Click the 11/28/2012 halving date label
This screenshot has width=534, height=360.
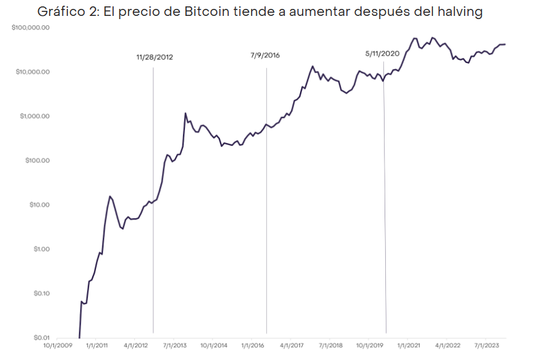[154, 57]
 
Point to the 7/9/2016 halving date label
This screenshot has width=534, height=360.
[265, 55]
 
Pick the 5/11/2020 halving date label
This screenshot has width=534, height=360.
[383, 53]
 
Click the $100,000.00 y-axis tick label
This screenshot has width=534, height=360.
[31, 28]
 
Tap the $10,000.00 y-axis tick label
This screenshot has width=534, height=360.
[32, 72]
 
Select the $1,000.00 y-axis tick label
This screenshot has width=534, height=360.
[34, 116]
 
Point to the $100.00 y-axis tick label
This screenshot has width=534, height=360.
[38, 160]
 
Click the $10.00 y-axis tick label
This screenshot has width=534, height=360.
[39, 205]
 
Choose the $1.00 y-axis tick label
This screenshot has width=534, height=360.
[41, 249]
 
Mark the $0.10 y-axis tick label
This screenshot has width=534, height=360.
[41, 293]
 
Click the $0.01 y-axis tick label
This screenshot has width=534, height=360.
[41, 337]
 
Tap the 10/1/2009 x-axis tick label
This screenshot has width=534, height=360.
[57, 345]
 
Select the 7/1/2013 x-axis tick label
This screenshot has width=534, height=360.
[175, 345]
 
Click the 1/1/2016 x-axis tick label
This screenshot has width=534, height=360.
[252, 345]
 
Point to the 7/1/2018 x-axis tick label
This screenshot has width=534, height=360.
[331, 345]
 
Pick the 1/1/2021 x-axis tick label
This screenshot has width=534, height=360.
[408, 345]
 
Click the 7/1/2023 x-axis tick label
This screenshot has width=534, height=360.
[486, 345]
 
